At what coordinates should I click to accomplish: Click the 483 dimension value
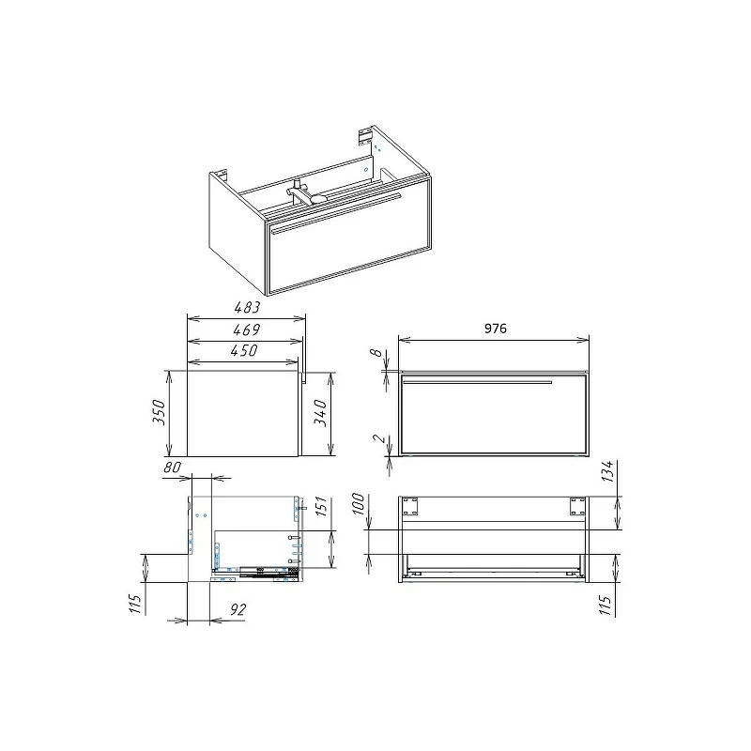pyautogui.click(x=247, y=308)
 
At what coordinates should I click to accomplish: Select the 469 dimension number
pyautogui.click(x=247, y=330)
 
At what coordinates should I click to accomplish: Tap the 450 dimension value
pyautogui.click(x=244, y=350)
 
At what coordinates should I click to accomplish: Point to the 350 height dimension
pyautogui.click(x=159, y=412)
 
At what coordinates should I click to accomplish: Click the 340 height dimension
pyautogui.click(x=320, y=413)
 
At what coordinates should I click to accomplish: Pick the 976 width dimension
pyautogui.click(x=496, y=328)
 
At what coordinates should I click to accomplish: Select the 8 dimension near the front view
pyautogui.click(x=377, y=353)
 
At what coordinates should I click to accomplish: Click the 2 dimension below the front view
pyautogui.click(x=379, y=438)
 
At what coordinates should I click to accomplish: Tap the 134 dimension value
pyautogui.click(x=606, y=471)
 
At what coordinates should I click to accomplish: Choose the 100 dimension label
pyautogui.click(x=359, y=504)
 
